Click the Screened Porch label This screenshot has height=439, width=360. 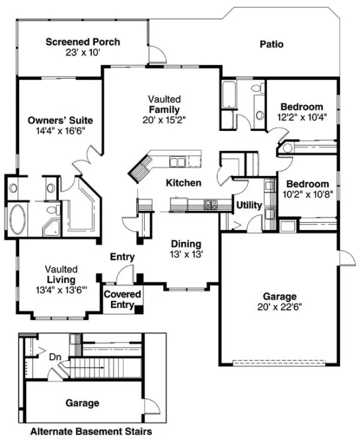(83, 42)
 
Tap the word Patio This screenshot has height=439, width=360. (271, 45)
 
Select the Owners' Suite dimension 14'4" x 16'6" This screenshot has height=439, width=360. (59, 131)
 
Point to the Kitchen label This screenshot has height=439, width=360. (183, 182)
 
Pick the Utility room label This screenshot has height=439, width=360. (249, 206)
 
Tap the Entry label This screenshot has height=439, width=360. (122, 257)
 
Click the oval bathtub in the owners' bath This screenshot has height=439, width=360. (18, 218)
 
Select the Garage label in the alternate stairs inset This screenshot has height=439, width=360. (82, 403)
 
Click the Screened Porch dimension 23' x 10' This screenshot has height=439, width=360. (83, 53)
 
